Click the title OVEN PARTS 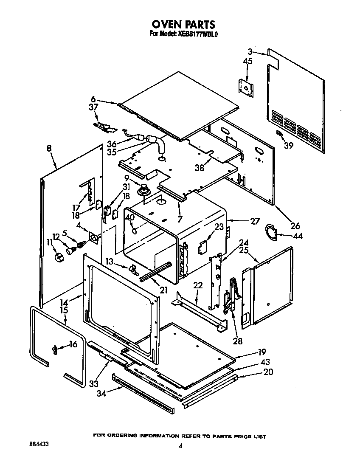click(183, 24)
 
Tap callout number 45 click(248, 62)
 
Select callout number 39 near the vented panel click(289, 146)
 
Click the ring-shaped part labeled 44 click(270, 230)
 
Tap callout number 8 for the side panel click(49, 149)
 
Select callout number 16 click(73, 344)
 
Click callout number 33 click(94, 383)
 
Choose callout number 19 click(261, 352)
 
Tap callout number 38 click(199, 167)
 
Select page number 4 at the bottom click(180, 446)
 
